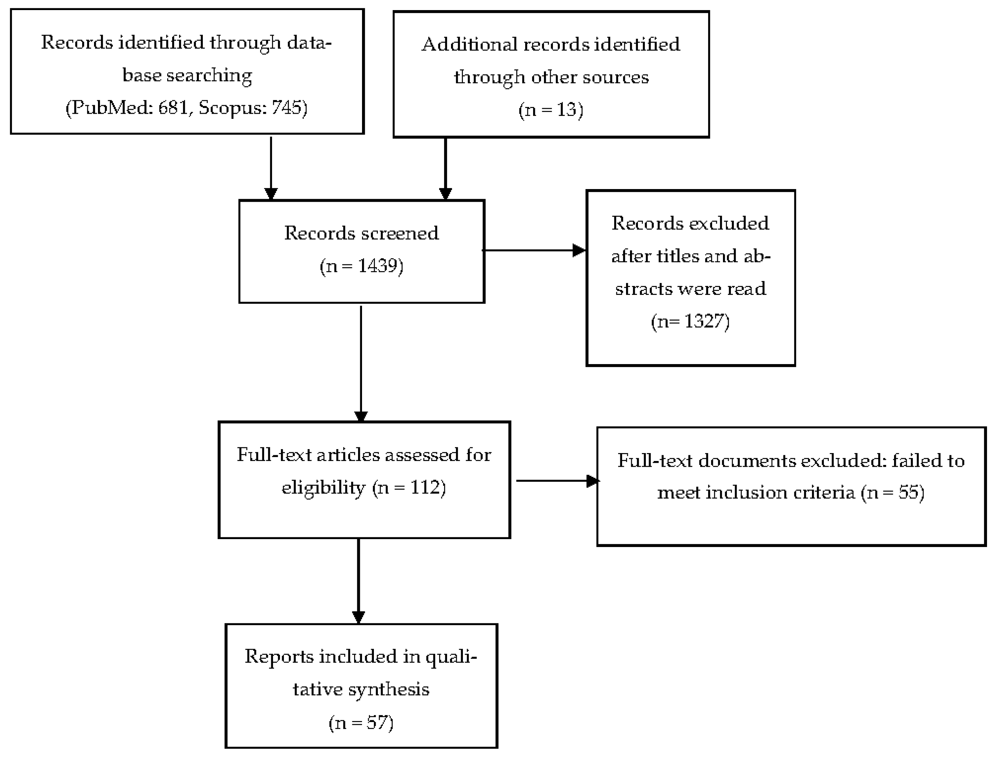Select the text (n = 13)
551,109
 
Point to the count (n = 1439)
361,266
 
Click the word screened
399,233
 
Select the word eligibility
323,488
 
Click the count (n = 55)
892,492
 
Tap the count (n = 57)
361,722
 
